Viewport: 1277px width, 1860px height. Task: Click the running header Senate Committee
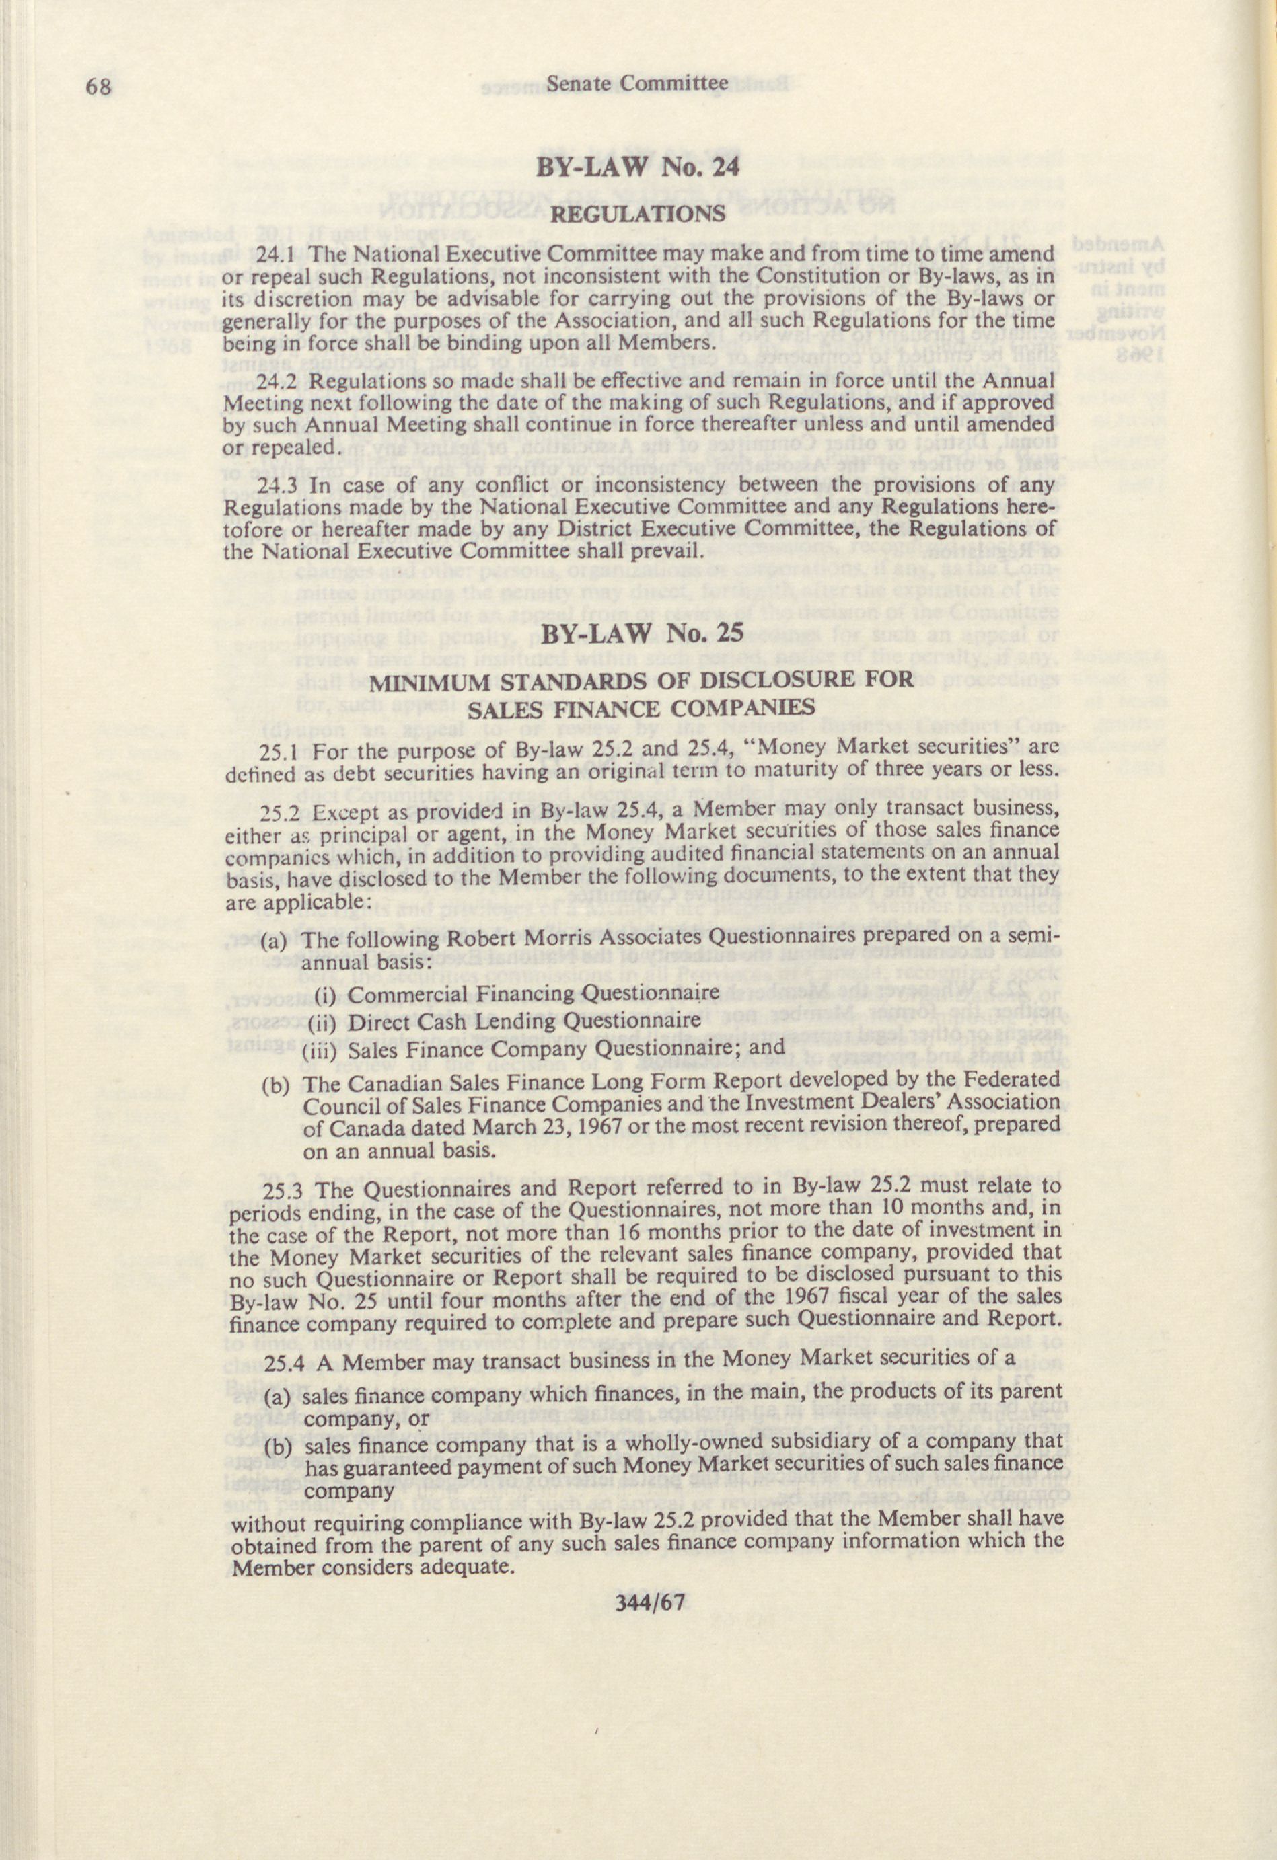coord(637,83)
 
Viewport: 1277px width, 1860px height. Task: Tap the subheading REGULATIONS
coord(638,215)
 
